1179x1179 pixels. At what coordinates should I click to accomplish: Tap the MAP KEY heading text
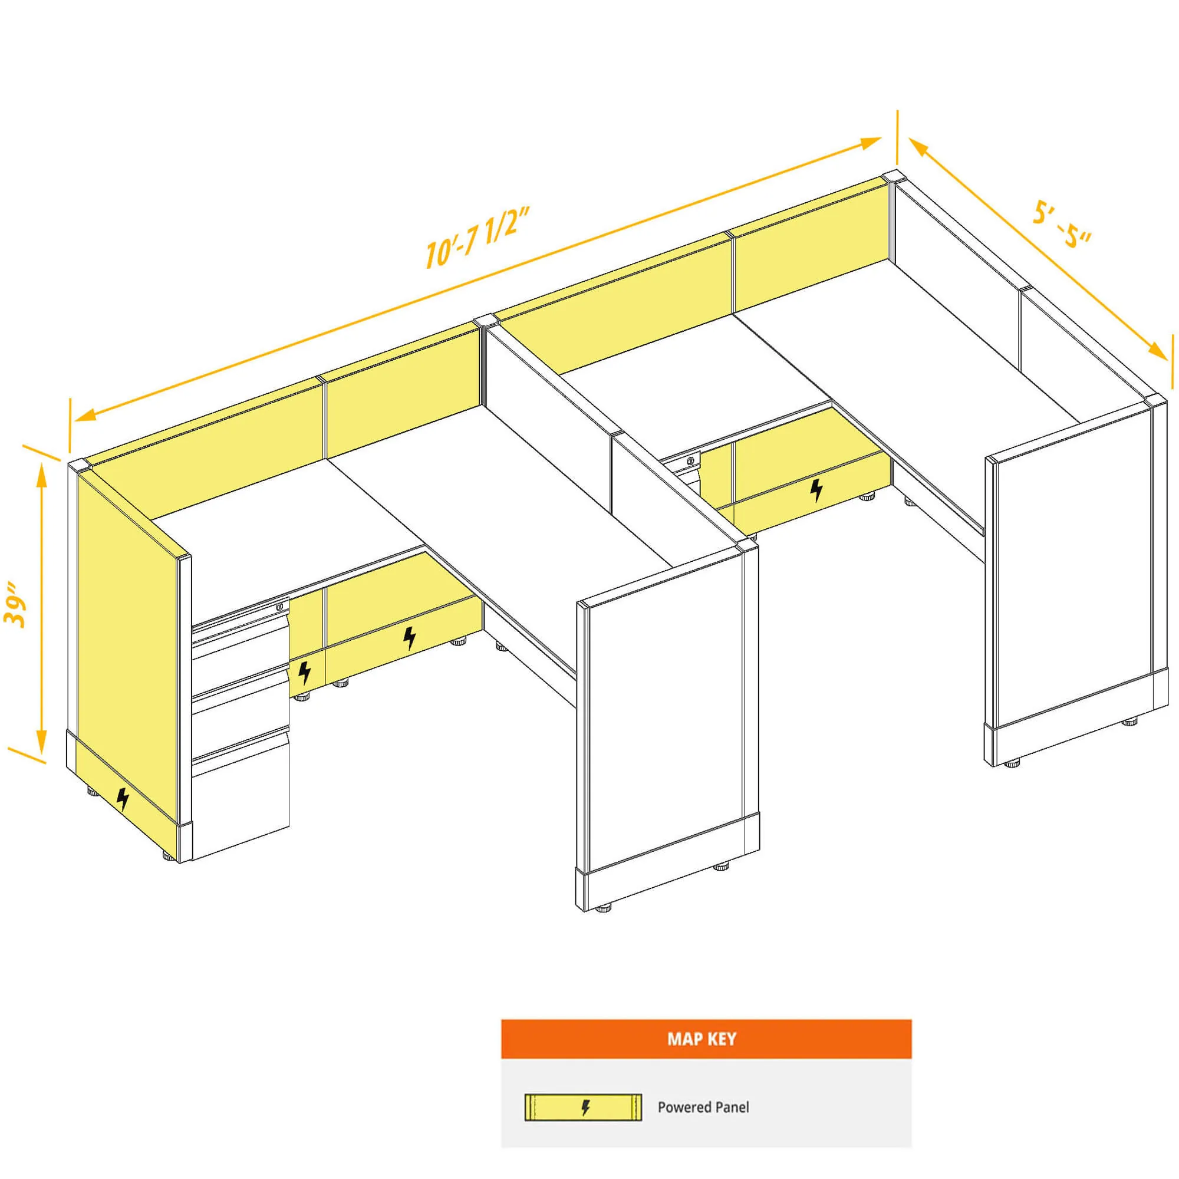[x=702, y=1039]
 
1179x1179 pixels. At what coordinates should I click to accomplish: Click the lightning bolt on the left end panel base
[x=123, y=799]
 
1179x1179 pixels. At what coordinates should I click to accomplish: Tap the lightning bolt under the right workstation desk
[x=816, y=490]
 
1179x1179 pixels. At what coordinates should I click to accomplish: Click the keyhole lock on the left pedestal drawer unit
[x=279, y=607]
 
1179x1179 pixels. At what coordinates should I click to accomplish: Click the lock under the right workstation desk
[x=691, y=460]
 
